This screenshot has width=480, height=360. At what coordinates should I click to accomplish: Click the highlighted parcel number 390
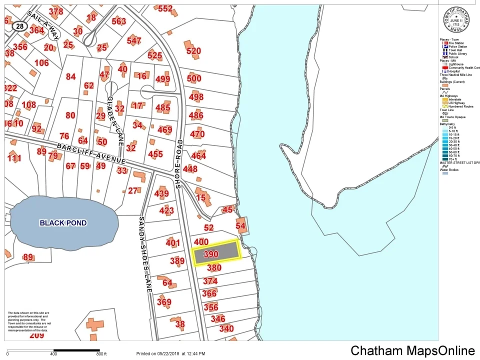pyautogui.click(x=211, y=254)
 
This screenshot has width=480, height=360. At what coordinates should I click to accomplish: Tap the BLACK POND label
pyautogui.click(x=63, y=223)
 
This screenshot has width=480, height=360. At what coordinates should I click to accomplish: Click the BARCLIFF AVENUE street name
pyautogui.click(x=90, y=154)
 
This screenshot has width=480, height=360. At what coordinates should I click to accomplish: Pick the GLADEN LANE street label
pyautogui.click(x=115, y=119)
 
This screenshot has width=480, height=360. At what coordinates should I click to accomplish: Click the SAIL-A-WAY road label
pyautogui.click(x=44, y=25)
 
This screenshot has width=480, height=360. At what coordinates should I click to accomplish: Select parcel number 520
pyautogui.click(x=193, y=50)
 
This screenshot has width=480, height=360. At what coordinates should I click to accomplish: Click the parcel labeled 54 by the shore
pyautogui.click(x=241, y=226)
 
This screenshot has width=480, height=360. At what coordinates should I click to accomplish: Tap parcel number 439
pyautogui.click(x=161, y=194)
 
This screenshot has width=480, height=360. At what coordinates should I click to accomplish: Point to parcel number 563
pyautogui.click(x=119, y=21)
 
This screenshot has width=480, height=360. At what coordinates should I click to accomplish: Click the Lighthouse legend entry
pyautogui.click(x=455, y=64)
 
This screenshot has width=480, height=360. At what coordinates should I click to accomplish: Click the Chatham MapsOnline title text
pyautogui.click(x=412, y=350)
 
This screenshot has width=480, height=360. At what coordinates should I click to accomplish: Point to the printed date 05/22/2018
pyautogui.click(x=170, y=353)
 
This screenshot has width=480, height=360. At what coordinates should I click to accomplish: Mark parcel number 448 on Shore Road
pyautogui.click(x=190, y=169)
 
